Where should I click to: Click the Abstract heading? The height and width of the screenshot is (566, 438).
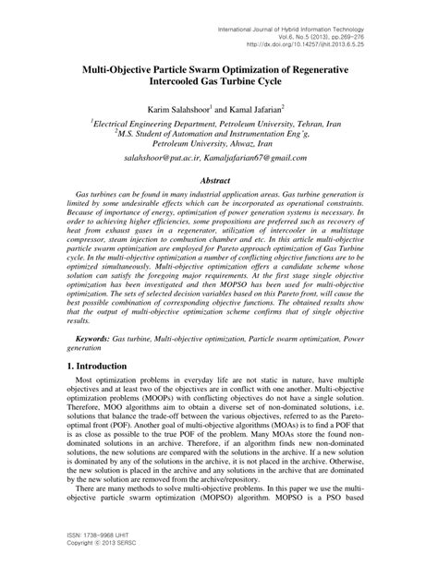[219, 208]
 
